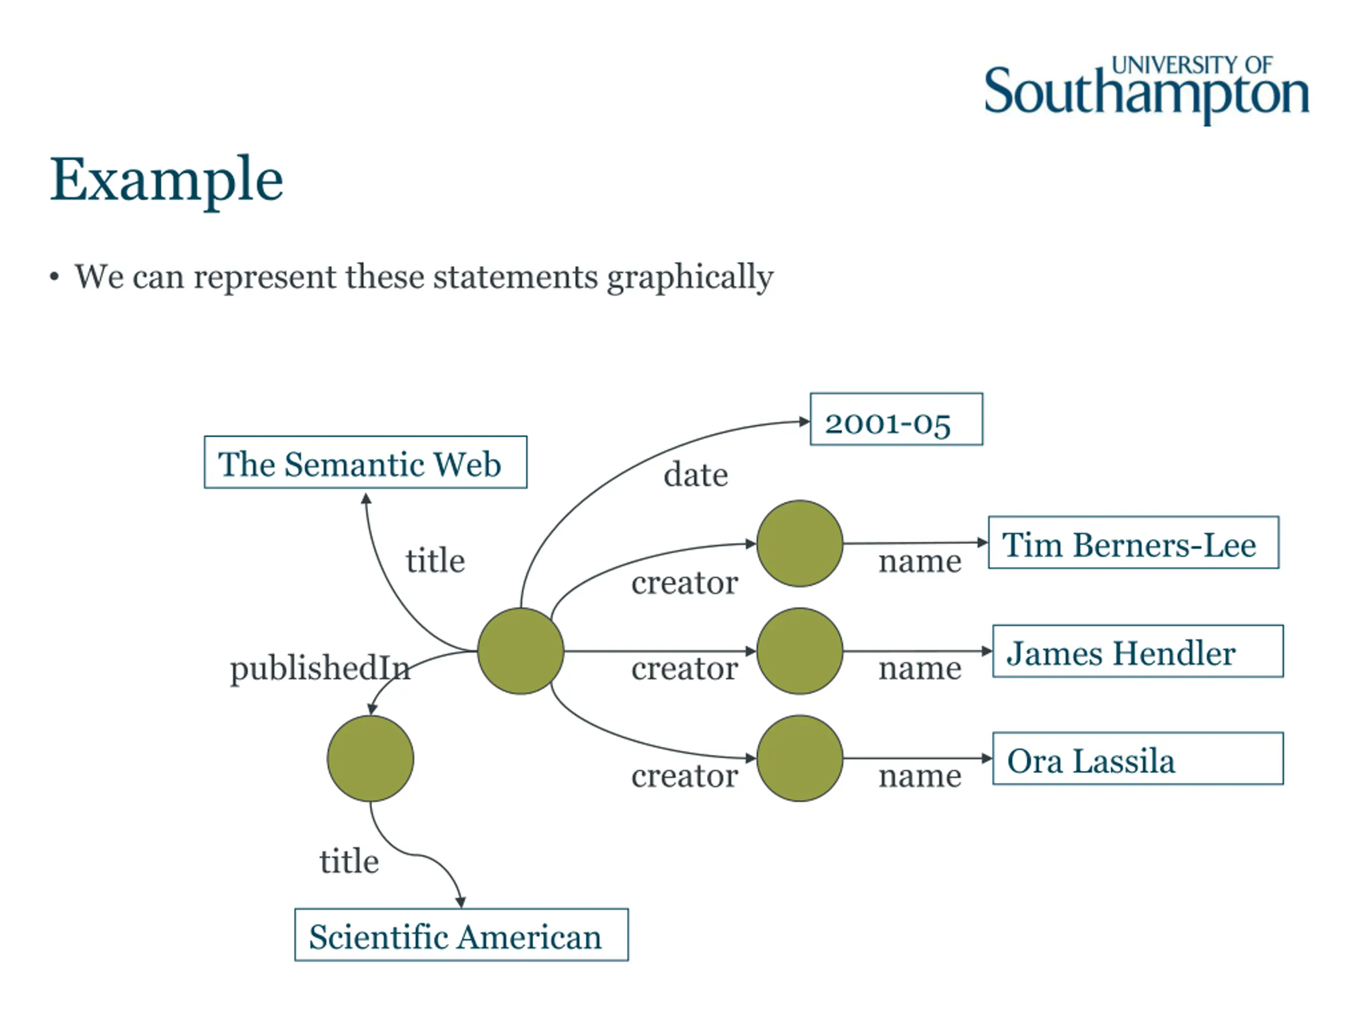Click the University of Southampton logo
pos(1146,90)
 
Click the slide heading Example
pos(166,180)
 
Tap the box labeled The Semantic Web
pos(365,462)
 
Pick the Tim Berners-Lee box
pos(1133,542)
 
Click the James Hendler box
pos(1137,651)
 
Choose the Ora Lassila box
pos(1137,759)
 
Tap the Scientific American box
pos(461,935)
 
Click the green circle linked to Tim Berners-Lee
pos(799,543)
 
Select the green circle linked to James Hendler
pos(799,651)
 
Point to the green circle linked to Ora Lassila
pos(799,759)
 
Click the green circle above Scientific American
pos(370,759)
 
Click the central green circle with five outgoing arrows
pos(521,651)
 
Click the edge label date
pos(695,475)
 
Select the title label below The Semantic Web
pos(435,561)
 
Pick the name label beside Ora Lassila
pos(920,776)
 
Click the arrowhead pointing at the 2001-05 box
pos(804,422)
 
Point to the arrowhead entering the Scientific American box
pos(461,902)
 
